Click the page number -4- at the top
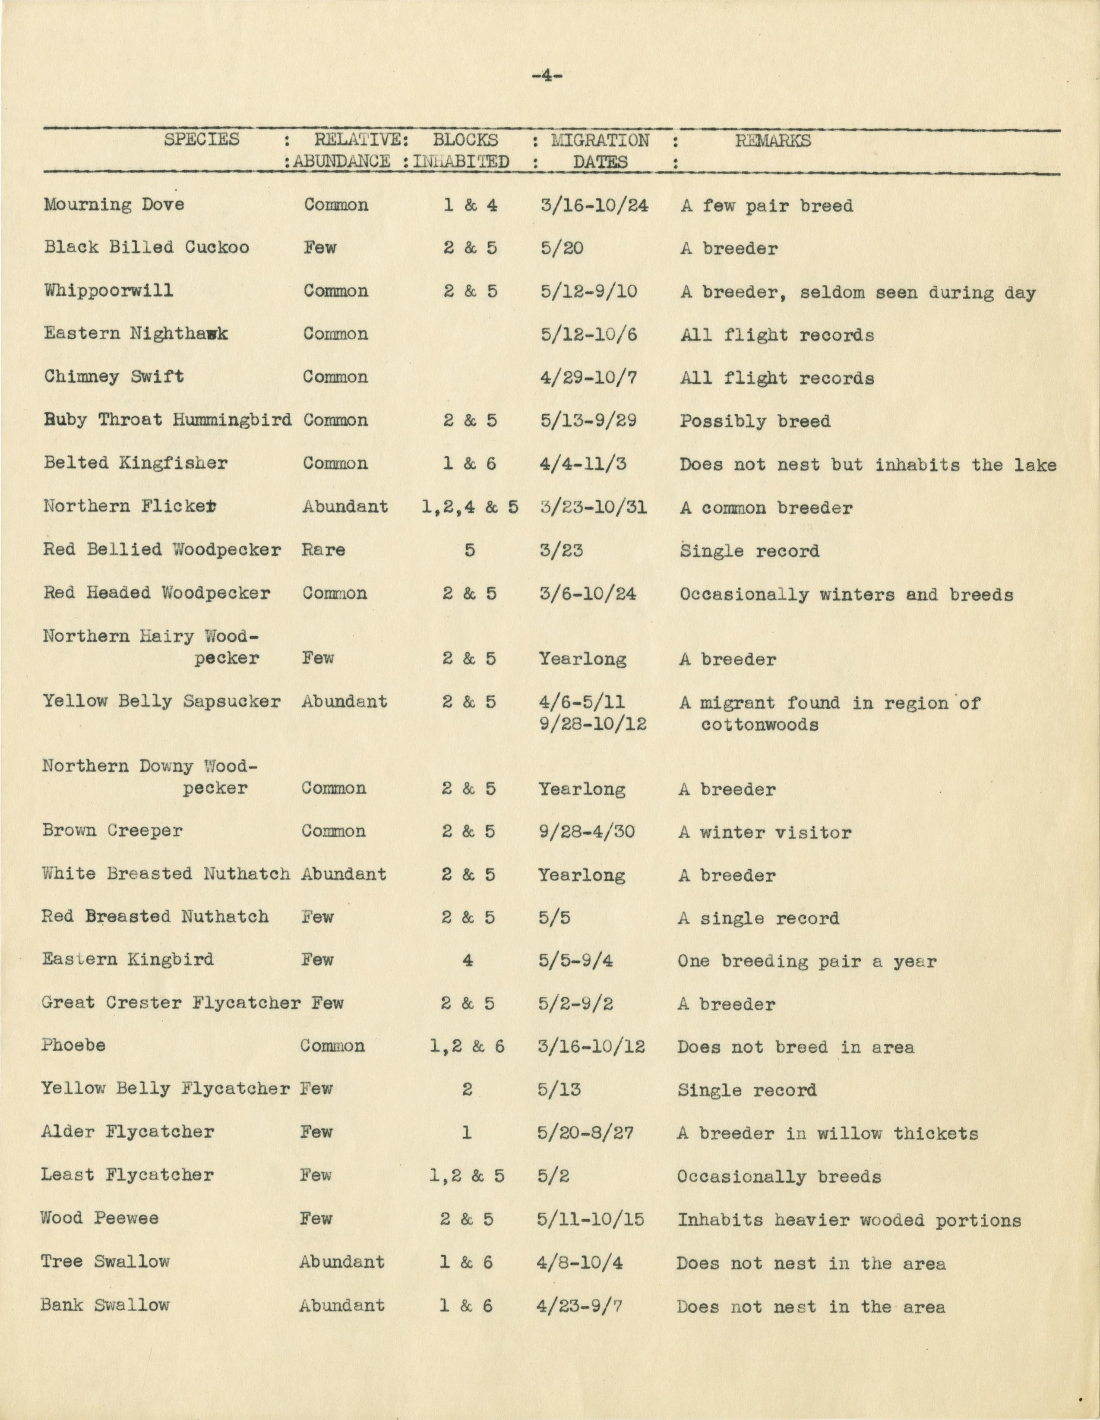[547, 76]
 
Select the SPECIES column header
[202, 140]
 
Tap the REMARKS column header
[773, 141]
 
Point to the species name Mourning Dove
[114, 205]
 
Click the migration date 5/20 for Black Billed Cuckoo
[561, 248]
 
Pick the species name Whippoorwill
[109, 290]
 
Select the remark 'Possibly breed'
[755, 421]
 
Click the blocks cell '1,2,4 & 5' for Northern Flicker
[470, 507]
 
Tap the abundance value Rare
[323, 550]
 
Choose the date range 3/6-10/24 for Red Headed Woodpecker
[588, 593]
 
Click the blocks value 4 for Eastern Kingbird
[468, 959]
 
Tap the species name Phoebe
[73, 1045]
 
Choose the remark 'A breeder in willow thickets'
[828, 1134]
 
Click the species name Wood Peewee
[100, 1218]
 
